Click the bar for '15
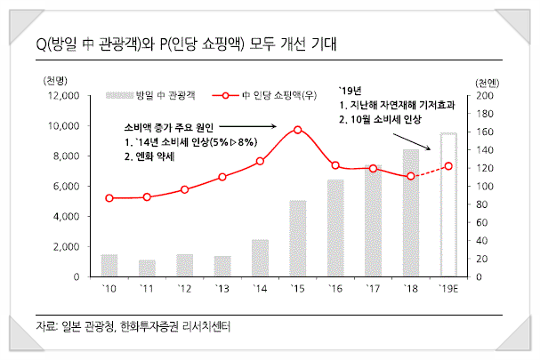click(x=298, y=238)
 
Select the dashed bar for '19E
click(x=449, y=204)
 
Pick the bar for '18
click(x=411, y=213)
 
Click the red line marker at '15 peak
click(x=297, y=130)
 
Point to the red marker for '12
click(x=184, y=189)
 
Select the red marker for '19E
click(x=448, y=166)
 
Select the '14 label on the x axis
click(x=260, y=288)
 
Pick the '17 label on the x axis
click(x=373, y=288)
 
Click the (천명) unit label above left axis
click(x=55, y=79)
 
